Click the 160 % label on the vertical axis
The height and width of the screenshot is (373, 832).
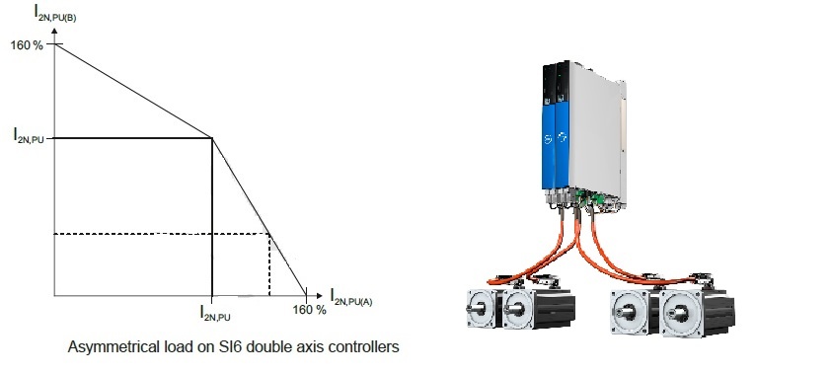point(27,45)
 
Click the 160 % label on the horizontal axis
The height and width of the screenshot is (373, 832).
point(309,309)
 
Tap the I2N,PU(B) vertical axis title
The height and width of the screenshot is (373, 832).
point(55,13)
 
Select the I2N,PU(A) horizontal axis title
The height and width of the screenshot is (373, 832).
point(351,297)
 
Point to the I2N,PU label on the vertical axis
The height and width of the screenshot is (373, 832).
point(29,137)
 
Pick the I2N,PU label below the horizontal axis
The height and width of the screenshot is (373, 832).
point(215,313)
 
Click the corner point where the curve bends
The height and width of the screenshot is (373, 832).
point(212,138)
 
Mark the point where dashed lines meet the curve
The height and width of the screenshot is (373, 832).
point(269,234)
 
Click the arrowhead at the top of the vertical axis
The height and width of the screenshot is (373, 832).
point(54,31)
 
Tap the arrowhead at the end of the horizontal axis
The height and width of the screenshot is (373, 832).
point(319,295)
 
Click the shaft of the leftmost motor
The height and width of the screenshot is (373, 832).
point(474,309)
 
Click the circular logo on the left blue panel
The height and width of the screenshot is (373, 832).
point(548,139)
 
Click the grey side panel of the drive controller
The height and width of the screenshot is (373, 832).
point(594,132)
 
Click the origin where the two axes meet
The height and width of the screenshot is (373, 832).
point(54,295)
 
